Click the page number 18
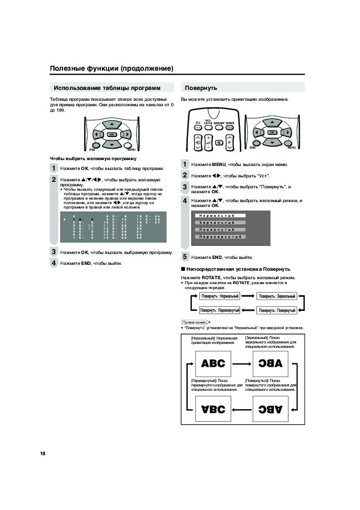(x=43, y=453)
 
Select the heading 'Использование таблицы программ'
(x=107, y=88)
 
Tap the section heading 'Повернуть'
(x=201, y=88)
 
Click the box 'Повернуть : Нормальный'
(x=220, y=296)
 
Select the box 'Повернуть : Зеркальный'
(x=277, y=296)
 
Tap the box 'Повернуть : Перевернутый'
(x=220, y=310)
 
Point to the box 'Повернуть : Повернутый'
(x=277, y=310)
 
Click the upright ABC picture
(x=213, y=364)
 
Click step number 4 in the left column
(x=53, y=263)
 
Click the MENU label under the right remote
(x=291, y=148)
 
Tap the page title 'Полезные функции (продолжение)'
(x=111, y=68)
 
